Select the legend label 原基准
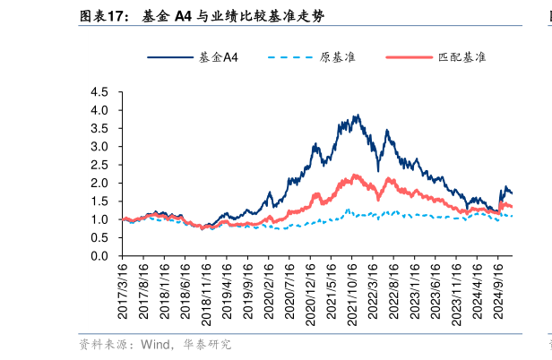(336, 57)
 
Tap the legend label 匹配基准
(461, 57)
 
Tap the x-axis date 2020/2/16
(269, 291)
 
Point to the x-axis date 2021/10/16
(352, 291)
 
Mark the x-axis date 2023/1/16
(415, 291)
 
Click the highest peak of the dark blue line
(357, 116)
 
